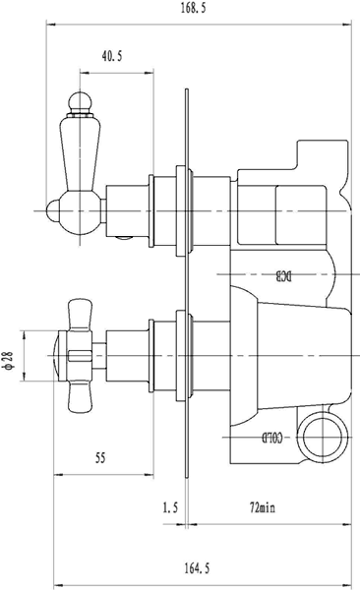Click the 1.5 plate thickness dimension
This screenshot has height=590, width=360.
(168, 507)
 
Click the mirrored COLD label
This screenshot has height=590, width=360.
(275, 436)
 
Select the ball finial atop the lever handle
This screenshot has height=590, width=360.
(77, 101)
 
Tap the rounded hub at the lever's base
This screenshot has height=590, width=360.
(77, 209)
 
